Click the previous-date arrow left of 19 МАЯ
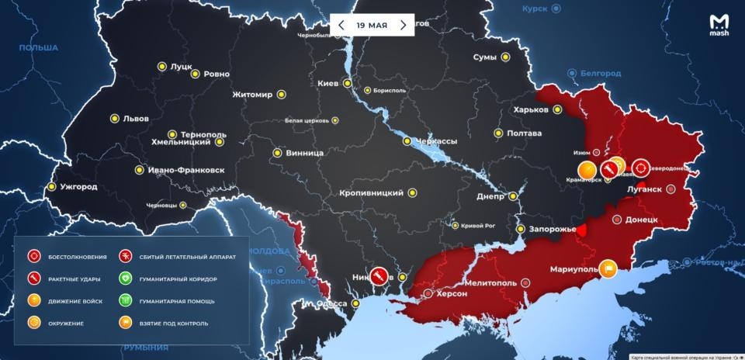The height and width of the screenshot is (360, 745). tap(341, 25)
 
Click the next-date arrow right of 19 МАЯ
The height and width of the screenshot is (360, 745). tap(403, 25)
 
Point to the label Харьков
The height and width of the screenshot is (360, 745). tap(531, 109)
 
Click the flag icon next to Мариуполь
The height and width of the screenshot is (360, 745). tap(608, 268)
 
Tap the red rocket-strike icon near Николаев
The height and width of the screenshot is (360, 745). tap(377, 275)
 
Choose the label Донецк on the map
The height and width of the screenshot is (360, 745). tap(641, 220)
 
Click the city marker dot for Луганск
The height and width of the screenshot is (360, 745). tap(672, 189)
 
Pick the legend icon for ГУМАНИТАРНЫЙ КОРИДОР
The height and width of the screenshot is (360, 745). tap(124, 278)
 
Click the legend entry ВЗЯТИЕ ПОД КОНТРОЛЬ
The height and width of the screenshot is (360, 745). tap(175, 322)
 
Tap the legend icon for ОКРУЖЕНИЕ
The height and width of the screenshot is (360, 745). tap(33, 322)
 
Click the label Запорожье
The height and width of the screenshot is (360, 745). tap(552, 230)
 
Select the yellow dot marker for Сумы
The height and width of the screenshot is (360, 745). tap(505, 57)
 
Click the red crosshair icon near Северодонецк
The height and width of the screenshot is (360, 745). tap(641, 167)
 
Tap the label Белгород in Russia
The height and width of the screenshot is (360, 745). tap(603, 73)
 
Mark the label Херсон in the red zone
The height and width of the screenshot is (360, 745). tap(451, 294)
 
